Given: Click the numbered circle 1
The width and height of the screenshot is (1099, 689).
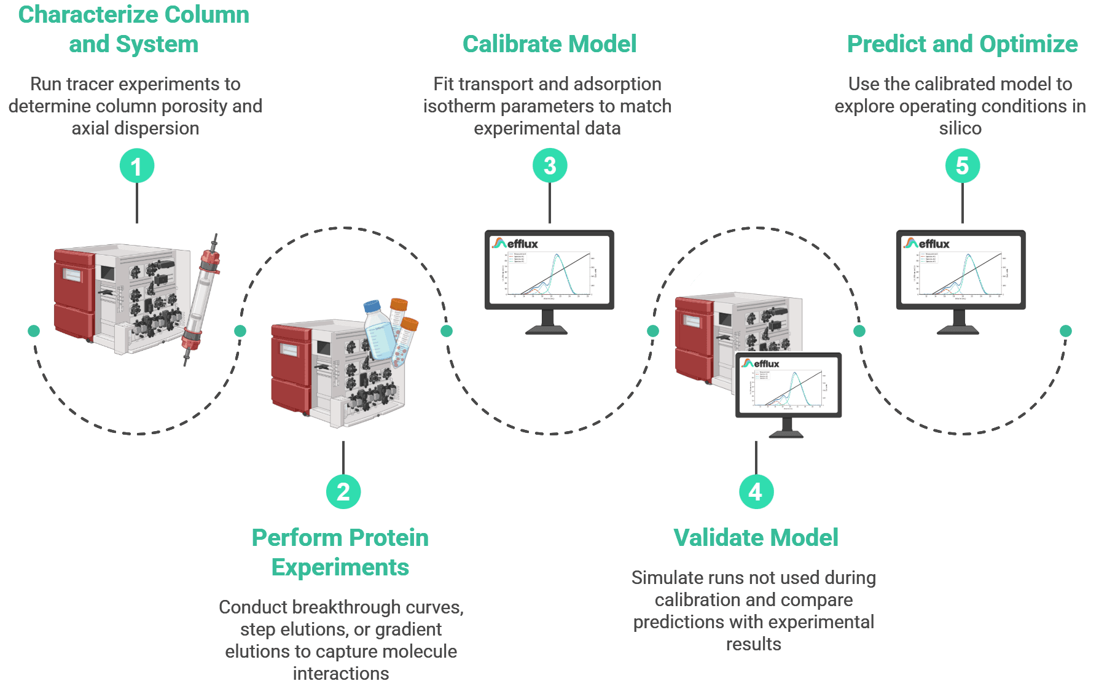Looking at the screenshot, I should (x=136, y=166).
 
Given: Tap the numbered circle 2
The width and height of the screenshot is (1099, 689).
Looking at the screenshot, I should (x=343, y=492).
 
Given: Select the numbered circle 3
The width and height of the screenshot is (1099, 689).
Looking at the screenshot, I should (x=549, y=166).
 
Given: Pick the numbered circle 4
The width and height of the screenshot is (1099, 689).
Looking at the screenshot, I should (x=756, y=492).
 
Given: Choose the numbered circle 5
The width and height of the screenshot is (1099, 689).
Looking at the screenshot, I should (x=962, y=166).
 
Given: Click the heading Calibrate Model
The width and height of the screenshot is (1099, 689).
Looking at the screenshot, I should (x=549, y=44).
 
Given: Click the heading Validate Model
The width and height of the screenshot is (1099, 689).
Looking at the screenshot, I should (x=756, y=538).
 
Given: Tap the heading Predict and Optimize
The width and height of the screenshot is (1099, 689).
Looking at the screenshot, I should (x=962, y=44).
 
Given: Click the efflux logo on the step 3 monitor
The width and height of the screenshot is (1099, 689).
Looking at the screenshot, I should (x=515, y=244).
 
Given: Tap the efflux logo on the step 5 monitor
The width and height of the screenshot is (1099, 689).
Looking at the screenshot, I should (x=927, y=244).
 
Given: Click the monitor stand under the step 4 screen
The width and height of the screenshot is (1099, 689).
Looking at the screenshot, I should (x=787, y=428).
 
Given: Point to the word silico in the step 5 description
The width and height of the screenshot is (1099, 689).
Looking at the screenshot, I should (x=960, y=128).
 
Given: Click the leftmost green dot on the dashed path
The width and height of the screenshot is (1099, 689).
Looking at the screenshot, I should (x=34, y=331).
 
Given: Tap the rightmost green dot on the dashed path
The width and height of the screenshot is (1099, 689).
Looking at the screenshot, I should (x=1066, y=331).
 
